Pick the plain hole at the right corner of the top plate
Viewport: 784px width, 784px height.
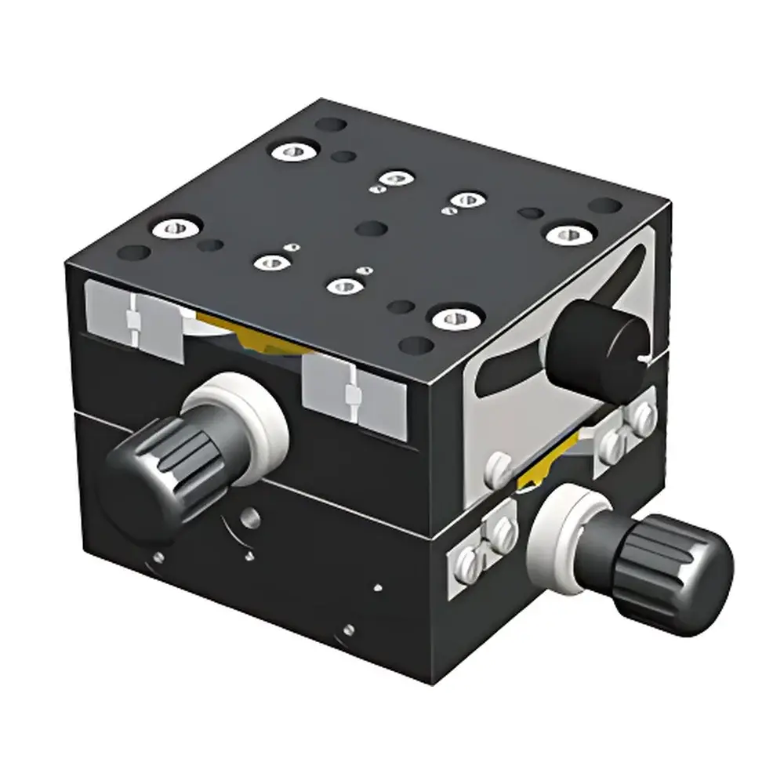click(x=604, y=206)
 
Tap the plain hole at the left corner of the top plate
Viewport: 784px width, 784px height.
click(x=135, y=253)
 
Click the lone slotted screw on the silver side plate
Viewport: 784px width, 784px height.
click(x=497, y=469)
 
